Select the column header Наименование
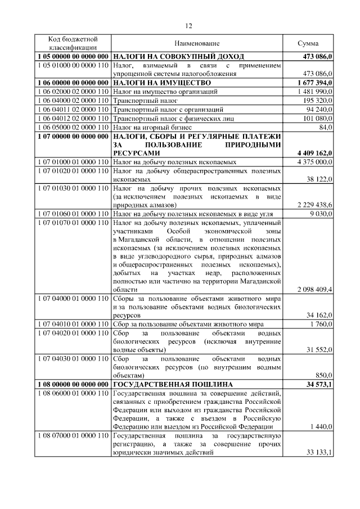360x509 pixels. [x=197, y=43]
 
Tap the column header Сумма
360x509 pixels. [x=308, y=43]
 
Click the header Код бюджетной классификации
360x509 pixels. [x=73, y=43]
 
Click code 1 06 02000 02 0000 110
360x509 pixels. [x=73, y=92]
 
